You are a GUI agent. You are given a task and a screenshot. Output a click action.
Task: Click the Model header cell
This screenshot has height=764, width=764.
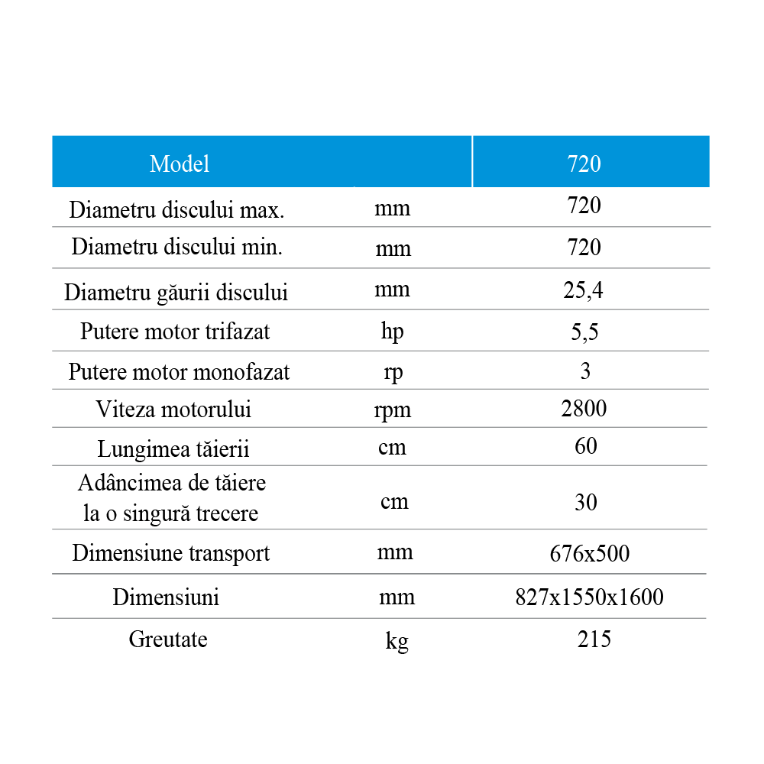point(180,163)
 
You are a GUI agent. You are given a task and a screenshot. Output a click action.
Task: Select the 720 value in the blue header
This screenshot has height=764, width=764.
point(584,163)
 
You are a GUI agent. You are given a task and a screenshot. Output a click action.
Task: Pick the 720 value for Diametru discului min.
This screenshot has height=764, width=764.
point(584,247)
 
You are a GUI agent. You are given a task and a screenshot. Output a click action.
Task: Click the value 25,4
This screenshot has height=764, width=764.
point(584,290)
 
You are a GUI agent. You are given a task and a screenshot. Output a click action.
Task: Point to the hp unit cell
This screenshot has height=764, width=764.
point(392,332)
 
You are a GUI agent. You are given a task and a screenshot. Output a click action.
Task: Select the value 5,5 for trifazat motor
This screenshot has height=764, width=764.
point(584,332)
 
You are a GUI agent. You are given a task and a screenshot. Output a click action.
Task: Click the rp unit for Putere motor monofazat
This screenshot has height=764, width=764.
point(393,372)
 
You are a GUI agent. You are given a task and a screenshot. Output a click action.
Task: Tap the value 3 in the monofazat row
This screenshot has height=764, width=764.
point(585,371)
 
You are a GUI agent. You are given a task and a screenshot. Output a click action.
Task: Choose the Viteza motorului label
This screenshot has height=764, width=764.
point(173,410)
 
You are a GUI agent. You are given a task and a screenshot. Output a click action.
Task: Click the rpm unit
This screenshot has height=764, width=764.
point(393,410)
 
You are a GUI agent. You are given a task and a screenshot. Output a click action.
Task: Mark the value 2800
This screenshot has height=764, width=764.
point(584,408)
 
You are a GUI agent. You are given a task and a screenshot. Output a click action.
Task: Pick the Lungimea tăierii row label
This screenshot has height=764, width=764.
point(173,448)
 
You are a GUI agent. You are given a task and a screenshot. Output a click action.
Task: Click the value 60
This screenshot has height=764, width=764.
point(585,445)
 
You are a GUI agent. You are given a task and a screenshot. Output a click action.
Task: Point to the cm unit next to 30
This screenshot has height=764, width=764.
point(394,502)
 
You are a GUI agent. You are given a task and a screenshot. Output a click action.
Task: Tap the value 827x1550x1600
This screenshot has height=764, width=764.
point(590,597)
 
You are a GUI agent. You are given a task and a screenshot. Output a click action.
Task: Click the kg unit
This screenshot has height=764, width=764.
point(397,641)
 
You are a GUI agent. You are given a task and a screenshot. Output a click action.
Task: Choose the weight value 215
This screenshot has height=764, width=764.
point(594,639)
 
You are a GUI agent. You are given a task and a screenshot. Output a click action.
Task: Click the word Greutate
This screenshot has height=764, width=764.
point(168,639)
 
